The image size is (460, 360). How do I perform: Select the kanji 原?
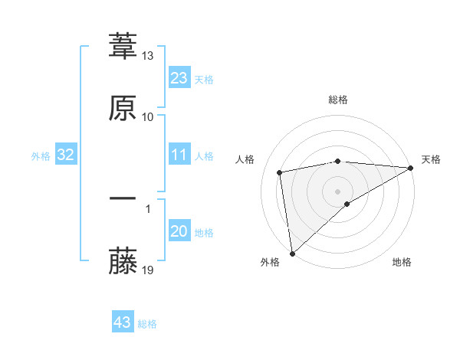[x=123, y=108]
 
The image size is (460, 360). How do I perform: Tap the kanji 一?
[x=123, y=199]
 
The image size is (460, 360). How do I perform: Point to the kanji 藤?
[x=123, y=261]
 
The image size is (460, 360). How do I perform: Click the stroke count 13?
[x=148, y=57]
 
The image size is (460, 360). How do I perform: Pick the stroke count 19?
[x=148, y=270]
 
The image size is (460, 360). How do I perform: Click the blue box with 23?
[x=179, y=78]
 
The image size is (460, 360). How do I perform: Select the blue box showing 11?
[x=179, y=155]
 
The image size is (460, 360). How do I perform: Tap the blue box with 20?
[x=179, y=232]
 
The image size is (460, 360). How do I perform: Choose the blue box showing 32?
[x=65, y=155]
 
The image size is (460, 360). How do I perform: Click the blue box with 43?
[x=122, y=322]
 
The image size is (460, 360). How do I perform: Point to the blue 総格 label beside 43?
[x=147, y=324]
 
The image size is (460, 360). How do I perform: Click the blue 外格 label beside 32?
[x=41, y=156]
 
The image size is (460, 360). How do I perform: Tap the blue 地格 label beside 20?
[x=204, y=233]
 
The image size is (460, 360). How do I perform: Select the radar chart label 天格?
[x=431, y=159]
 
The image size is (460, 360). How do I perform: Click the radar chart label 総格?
[x=338, y=100]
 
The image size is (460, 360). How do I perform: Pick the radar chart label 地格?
[x=402, y=263]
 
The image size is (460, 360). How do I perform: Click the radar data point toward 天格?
[x=411, y=168]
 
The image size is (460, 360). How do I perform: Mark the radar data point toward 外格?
[x=292, y=253]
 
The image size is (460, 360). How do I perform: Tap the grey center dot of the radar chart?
[x=337, y=191]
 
